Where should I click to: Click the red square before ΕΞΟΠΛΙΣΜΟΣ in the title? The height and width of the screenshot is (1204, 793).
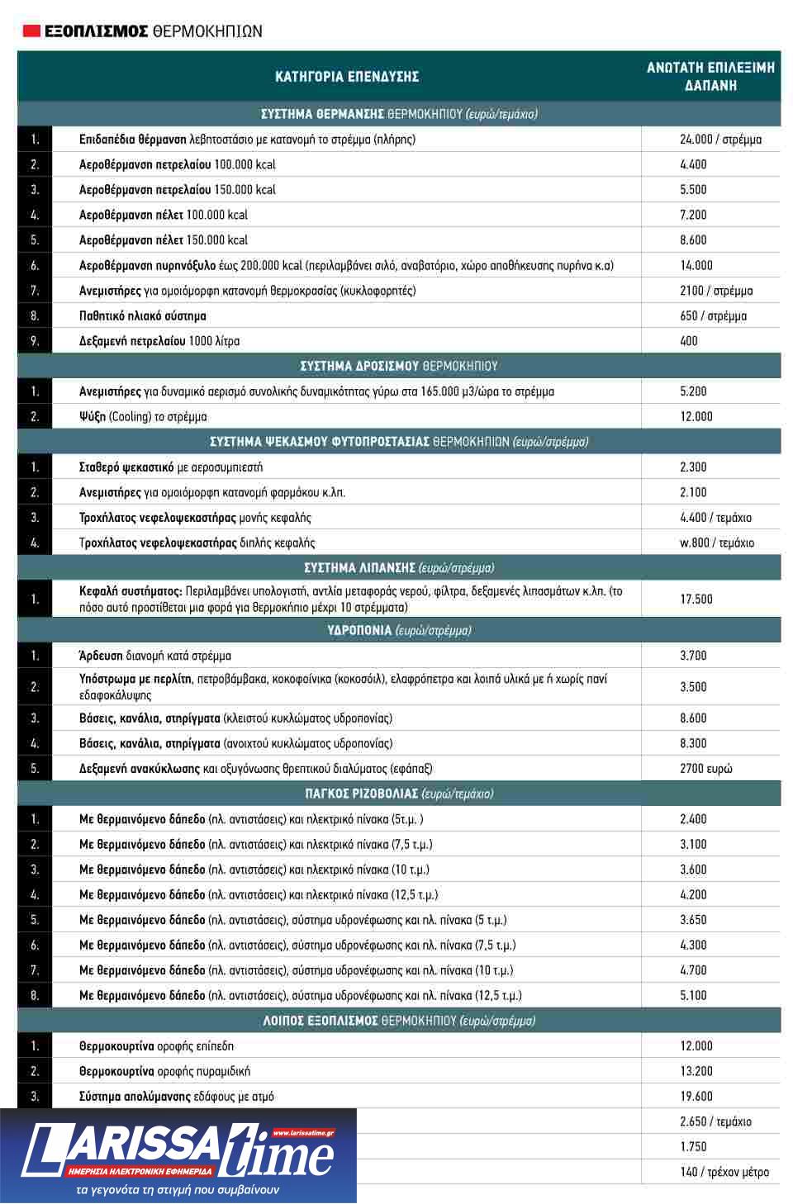pos(31,31)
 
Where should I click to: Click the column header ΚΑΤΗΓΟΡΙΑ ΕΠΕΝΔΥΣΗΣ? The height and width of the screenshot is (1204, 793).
pos(347,77)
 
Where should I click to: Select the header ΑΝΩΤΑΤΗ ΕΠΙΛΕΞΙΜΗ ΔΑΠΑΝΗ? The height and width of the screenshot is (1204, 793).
pos(710,77)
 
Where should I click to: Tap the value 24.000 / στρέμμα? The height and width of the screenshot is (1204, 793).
pos(720,140)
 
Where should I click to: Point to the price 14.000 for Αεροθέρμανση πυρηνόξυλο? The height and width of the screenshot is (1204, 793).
pos(696,266)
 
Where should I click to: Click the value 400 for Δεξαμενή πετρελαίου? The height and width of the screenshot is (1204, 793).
pos(688,341)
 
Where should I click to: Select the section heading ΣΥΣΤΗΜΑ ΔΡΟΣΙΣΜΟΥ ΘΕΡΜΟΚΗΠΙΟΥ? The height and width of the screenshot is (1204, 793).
pos(398,367)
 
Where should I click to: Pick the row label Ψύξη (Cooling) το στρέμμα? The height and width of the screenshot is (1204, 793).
pos(143,417)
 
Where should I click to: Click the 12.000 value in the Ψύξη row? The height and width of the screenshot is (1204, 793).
pos(696,417)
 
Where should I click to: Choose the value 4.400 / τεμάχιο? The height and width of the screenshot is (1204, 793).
pos(715,518)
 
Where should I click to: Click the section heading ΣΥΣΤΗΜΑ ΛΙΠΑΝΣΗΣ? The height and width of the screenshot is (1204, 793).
pos(398,568)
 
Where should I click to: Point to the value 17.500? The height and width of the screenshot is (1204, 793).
pos(696,600)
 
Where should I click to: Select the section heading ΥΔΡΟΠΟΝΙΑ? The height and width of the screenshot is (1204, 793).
pos(398,631)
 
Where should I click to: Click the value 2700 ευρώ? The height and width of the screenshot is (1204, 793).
pos(705,769)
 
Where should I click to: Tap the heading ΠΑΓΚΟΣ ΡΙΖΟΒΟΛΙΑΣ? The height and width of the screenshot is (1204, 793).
pos(398,794)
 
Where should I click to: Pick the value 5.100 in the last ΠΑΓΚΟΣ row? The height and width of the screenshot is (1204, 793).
pos(693,996)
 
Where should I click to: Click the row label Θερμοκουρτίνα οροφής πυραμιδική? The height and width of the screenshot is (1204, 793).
pos(164,1072)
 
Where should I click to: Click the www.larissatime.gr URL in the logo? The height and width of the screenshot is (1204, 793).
pos(302,1133)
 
